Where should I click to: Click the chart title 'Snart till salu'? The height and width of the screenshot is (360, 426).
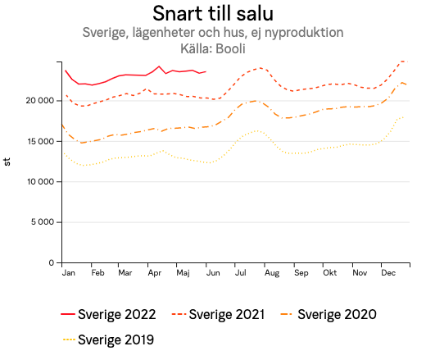[x=212, y=14]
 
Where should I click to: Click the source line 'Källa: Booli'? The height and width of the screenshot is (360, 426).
[x=212, y=48]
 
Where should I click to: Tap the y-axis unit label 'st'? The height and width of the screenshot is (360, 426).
[x=7, y=162]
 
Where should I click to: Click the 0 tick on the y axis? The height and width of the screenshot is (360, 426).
[x=51, y=262]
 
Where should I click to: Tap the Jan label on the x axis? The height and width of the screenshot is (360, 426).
[x=69, y=272]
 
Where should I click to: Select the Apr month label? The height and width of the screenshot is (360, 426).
[x=152, y=272]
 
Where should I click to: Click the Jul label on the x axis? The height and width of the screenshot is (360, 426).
[x=241, y=272]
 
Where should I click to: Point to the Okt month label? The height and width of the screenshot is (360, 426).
[x=329, y=272]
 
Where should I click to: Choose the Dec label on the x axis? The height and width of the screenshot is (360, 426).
[x=388, y=272]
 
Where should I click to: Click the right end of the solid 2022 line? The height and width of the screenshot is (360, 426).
[x=206, y=72]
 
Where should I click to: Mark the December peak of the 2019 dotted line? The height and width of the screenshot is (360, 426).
[x=403, y=117]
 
